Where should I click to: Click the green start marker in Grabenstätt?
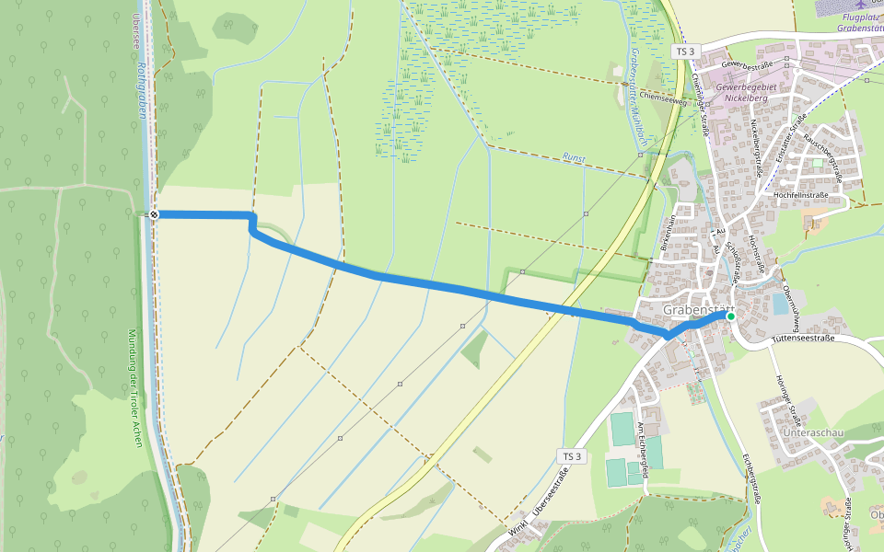730,316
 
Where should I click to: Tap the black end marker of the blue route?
154,214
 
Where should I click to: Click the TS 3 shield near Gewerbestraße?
684,52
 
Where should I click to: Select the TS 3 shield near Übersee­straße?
573,456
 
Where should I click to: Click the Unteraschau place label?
813,431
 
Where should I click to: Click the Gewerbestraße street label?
747,66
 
